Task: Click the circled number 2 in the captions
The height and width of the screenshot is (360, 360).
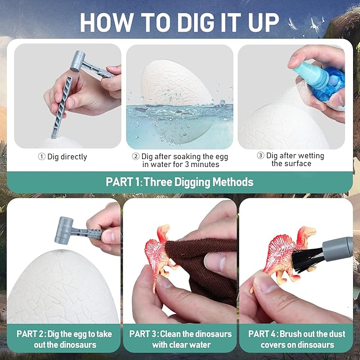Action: point(136,156)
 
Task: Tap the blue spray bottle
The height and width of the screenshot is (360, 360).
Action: point(319,80)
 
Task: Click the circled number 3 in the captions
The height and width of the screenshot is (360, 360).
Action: point(260,156)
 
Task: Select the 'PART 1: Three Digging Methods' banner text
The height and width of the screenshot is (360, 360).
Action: point(179,182)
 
